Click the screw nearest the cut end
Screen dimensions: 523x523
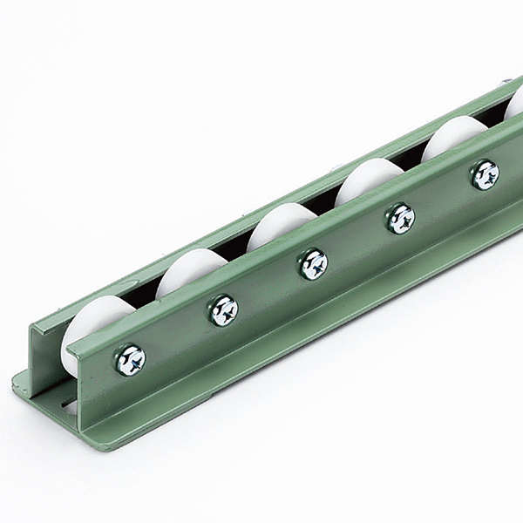130,359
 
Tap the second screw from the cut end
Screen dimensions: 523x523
223,309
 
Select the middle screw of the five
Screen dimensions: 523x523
313,262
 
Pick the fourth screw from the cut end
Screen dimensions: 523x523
400,217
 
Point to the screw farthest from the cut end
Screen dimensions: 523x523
485,174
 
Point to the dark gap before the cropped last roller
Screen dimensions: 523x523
493,123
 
